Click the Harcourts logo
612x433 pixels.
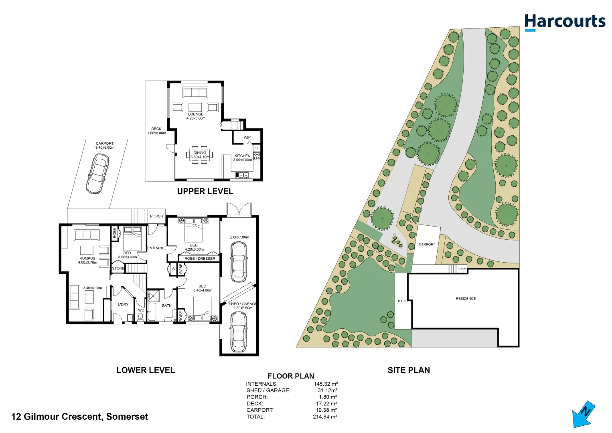[564, 22]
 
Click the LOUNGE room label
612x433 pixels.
[196, 114]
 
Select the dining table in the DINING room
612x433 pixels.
[200, 154]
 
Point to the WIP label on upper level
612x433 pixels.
[247, 138]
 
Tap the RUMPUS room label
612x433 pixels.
[87, 259]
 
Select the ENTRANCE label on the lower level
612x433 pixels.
[157, 248]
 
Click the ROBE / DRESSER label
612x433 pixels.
[200, 259]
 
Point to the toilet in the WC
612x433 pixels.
[140, 317]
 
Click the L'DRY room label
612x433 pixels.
[123, 304]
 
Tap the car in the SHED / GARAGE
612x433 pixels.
[239, 332]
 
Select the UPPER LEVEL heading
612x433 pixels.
[205, 192]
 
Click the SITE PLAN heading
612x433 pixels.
[408, 370]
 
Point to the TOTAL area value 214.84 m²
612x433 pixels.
[325, 417]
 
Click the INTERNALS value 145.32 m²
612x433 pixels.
[326, 384]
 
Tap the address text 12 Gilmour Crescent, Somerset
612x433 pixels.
[79, 417]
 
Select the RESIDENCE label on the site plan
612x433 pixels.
[466, 299]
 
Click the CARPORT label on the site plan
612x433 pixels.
[427, 244]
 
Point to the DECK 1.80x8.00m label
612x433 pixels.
[156, 131]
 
